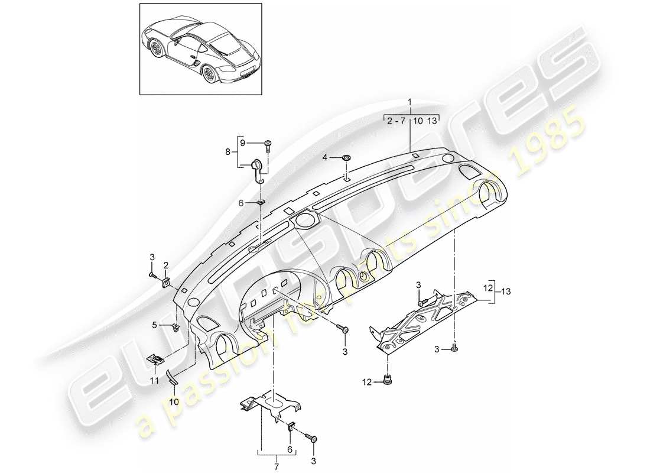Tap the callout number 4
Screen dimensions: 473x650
pyautogui.click(x=324, y=157)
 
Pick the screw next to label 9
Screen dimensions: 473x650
pyautogui.click(x=269, y=145)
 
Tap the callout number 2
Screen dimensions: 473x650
pyautogui.click(x=166, y=265)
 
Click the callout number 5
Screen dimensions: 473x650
pyautogui.click(x=155, y=325)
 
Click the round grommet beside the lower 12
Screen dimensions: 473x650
pyautogui.click(x=388, y=380)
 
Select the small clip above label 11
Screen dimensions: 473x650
pyautogui.click(x=155, y=358)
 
